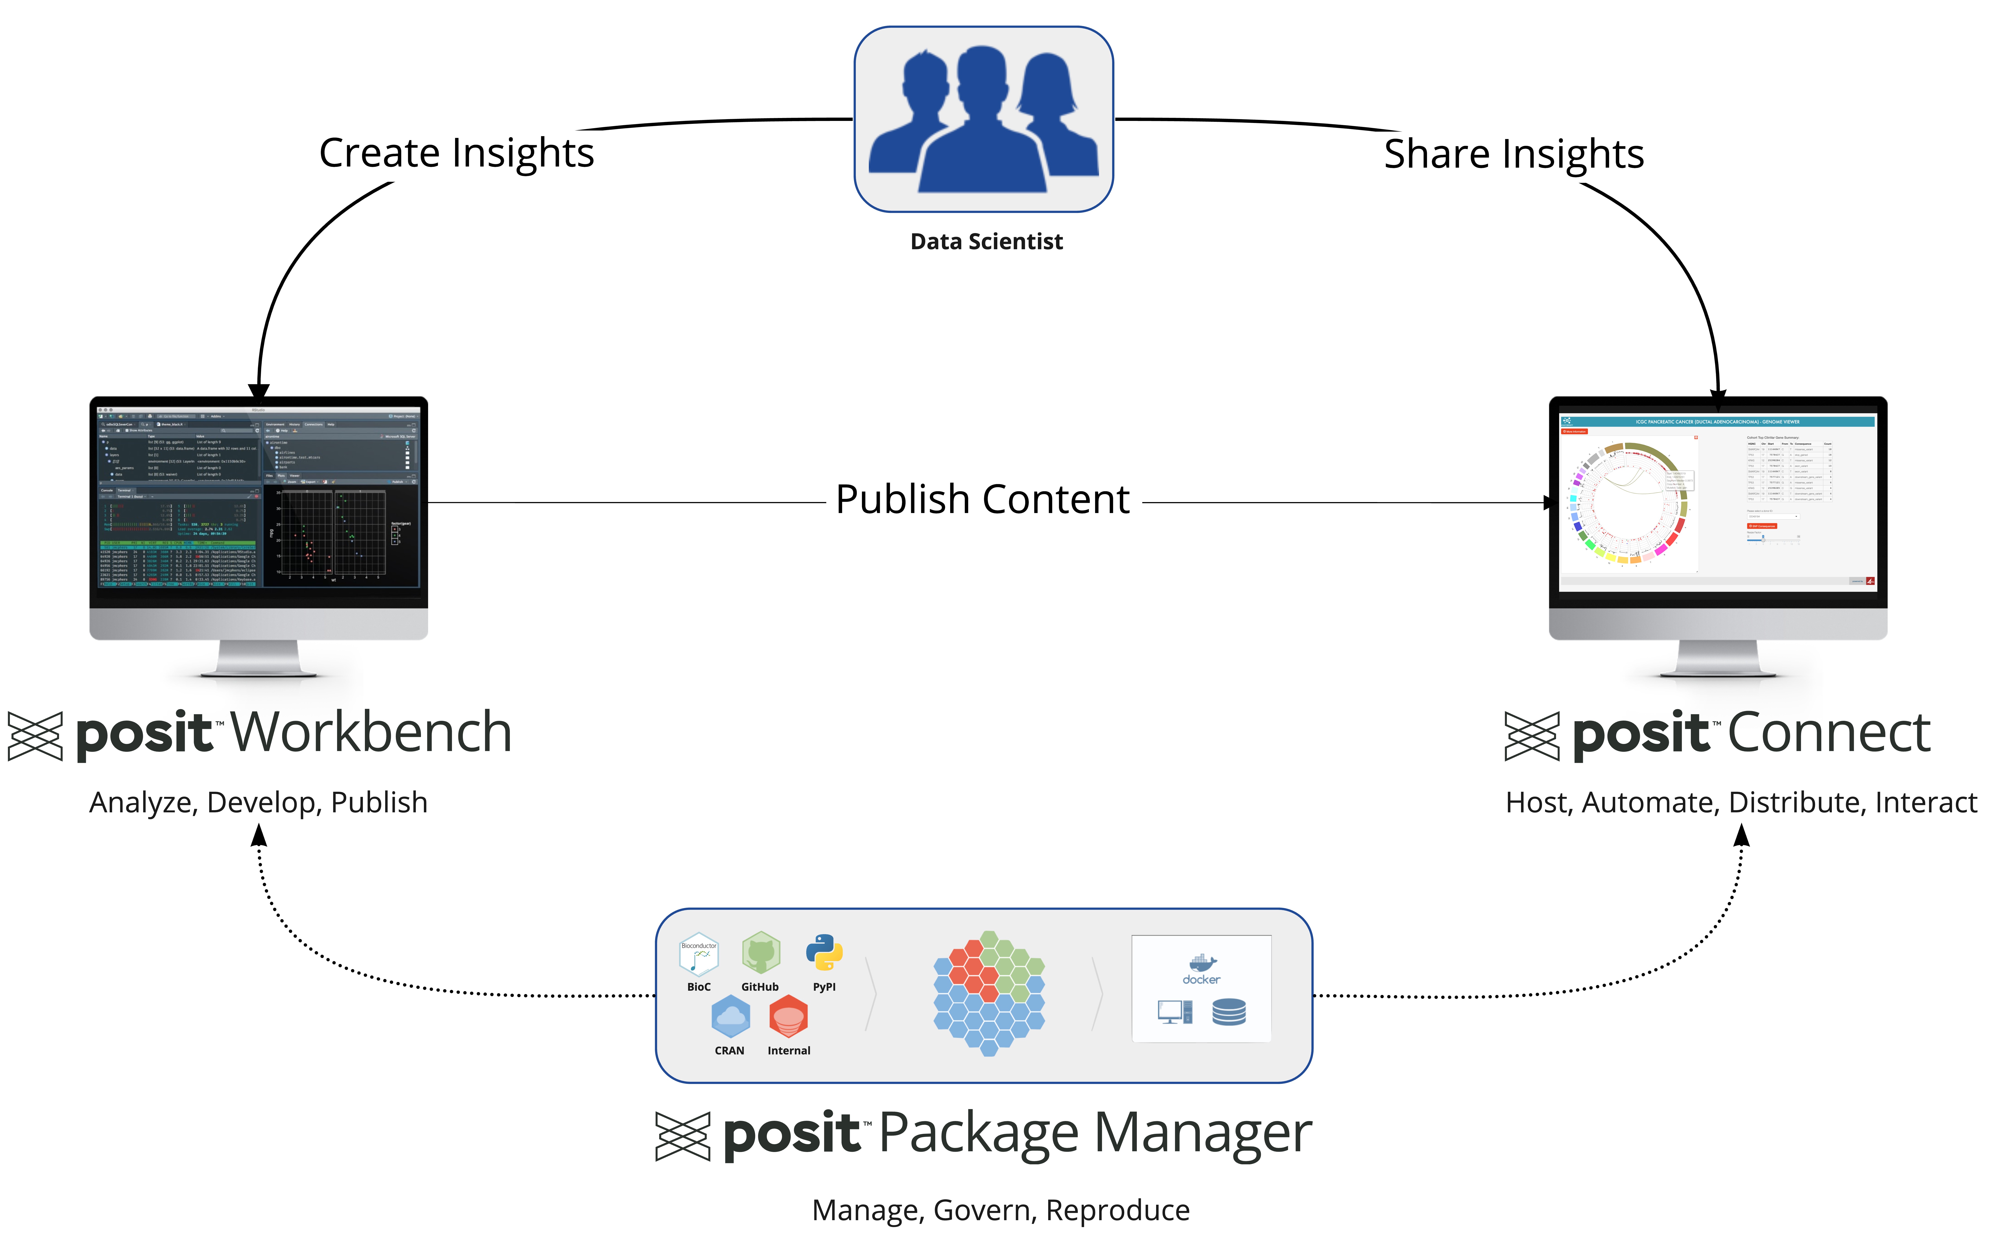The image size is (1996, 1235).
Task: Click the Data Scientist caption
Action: tap(986, 242)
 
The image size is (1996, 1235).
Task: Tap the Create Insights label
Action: tap(456, 153)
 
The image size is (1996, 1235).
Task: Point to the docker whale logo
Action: tap(1202, 962)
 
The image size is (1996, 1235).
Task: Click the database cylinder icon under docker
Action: tap(1229, 1012)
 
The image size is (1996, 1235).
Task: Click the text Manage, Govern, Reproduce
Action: tap(1000, 1210)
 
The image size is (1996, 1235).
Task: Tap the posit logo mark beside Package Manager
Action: tap(682, 1136)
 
